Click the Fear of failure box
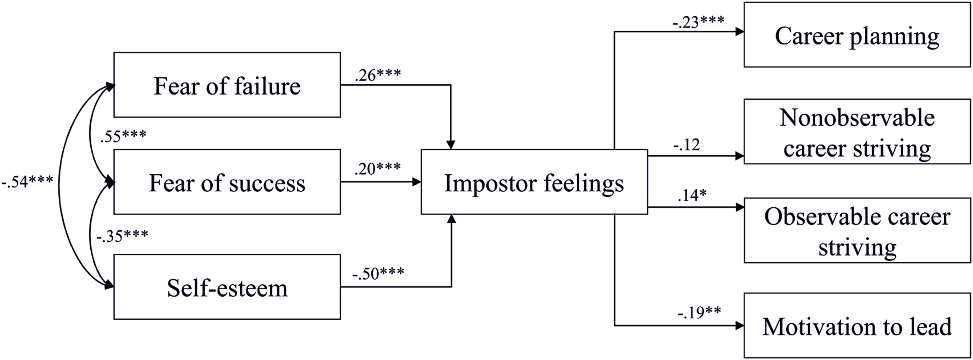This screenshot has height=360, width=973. (x=227, y=85)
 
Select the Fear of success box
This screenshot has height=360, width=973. (x=227, y=182)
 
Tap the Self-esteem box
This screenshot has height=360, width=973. (x=227, y=287)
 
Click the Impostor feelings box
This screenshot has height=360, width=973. (x=534, y=182)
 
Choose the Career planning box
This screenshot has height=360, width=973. (x=857, y=35)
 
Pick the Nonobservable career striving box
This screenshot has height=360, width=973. (x=857, y=132)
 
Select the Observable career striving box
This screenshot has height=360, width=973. (x=857, y=230)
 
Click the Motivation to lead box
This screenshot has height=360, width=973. (x=857, y=325)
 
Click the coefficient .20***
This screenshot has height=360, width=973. (x=377, y=169)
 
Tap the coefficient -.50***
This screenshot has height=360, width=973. (x=378, y=273)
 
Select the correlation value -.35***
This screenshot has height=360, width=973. (x=122, y=235)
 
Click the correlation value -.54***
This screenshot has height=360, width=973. (x=27, y=181)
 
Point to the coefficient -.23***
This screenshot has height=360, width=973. (x=699, y=22)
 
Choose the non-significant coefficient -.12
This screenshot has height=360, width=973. (x=687, y=145)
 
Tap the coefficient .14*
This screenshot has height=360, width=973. (x=692, y=195)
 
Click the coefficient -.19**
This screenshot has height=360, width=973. (x=699, y=312)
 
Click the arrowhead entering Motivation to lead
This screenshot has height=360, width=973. (x=740, y=325)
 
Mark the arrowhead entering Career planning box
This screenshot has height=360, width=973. (x=740, y=32)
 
